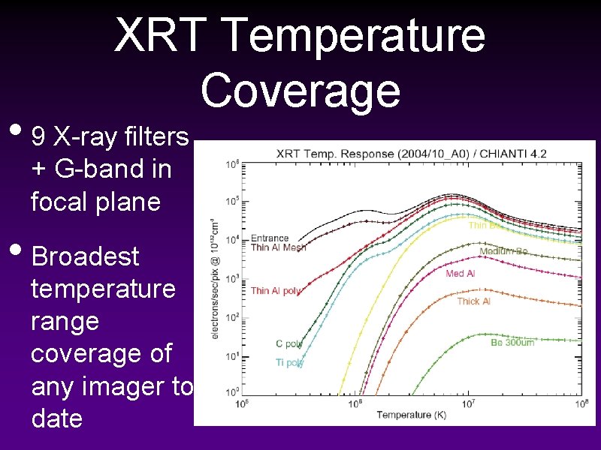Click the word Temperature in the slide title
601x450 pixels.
[354, 35]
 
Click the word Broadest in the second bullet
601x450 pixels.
[86, 256]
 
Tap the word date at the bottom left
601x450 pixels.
[57, 418]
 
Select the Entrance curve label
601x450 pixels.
[269, 238]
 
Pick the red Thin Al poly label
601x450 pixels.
[276, 291]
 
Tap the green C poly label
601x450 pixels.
[289, 344]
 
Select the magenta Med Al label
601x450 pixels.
[460, 274]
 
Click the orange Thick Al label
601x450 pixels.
[473, 301]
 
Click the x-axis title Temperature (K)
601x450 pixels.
[410, 415]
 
